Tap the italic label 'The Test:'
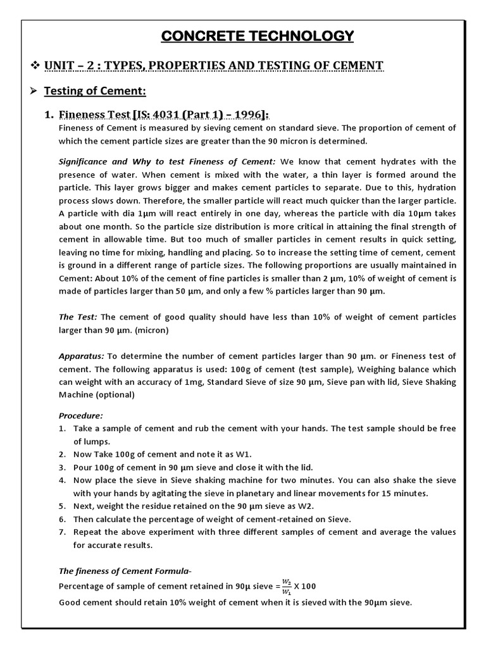pos(78,316)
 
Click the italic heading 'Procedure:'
pos(80,416)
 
